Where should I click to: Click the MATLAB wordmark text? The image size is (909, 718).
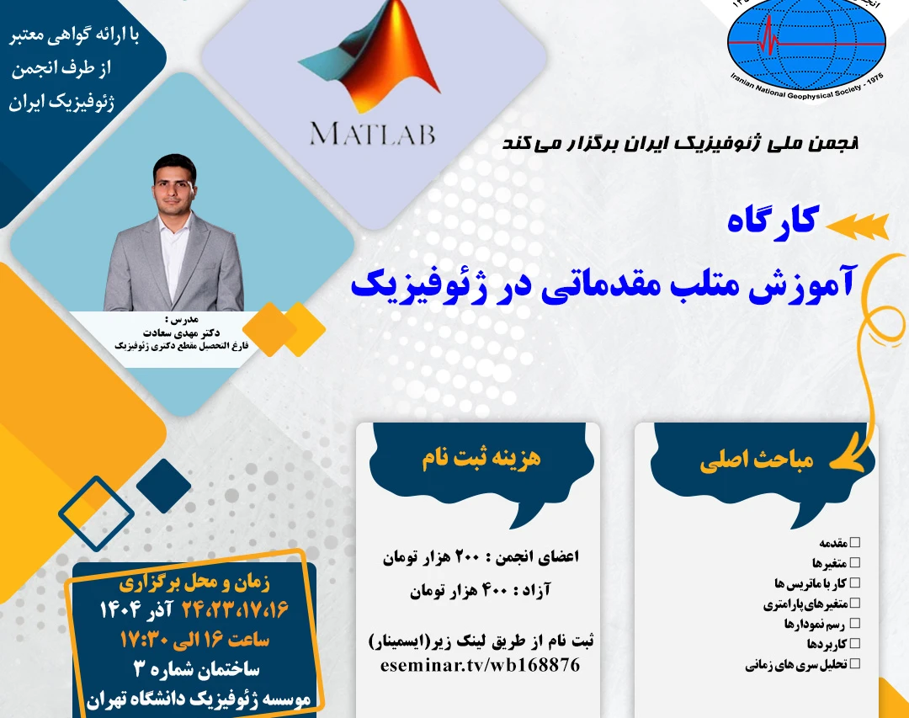(372, 134)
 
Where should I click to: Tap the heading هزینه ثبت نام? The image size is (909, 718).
(481, 459)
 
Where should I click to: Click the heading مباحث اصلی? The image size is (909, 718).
(757, 462)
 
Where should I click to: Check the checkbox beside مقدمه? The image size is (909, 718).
(855, 543)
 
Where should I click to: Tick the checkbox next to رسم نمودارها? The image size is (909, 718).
(855, 624)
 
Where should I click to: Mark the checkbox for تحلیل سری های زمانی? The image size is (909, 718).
(855, 665)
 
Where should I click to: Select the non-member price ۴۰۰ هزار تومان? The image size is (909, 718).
(455, 592)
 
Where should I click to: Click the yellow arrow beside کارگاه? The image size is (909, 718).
(858, 225)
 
